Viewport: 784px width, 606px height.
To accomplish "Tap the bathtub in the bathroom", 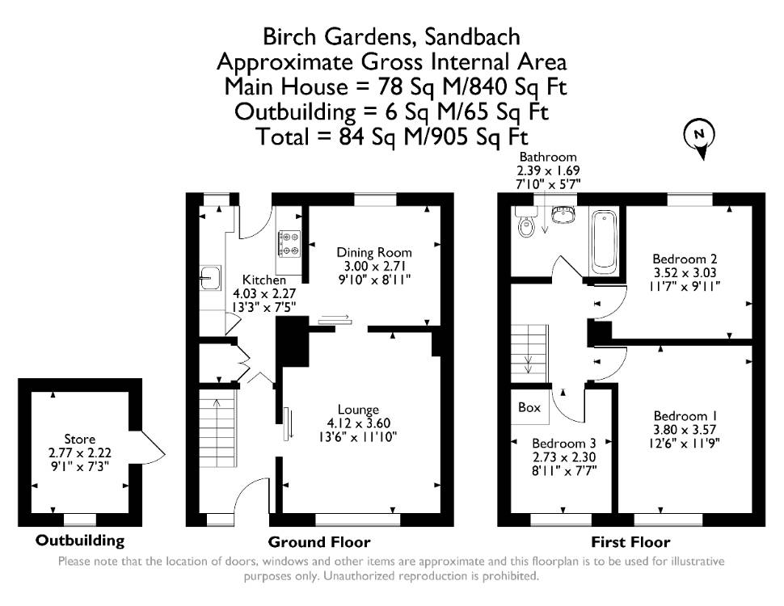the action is click(x=604, y=242).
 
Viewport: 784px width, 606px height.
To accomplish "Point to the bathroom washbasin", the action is click(x=563, y=214).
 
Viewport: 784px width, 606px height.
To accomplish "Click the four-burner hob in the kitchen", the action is click(x=290, y=243).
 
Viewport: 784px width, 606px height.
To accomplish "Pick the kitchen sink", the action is click(x=210, y=277).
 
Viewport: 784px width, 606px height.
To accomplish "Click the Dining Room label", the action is click(x=374, y=252).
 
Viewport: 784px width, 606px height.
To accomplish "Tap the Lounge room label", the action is click(x=358, y=410).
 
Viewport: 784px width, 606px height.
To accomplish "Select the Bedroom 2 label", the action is click(x=685, y=259).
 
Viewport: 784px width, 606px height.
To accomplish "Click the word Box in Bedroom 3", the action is click(x=529, y=407).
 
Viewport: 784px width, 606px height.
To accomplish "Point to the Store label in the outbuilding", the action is click(x=79, y=439).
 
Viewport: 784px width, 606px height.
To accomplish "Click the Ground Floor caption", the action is click(x=319, y=542).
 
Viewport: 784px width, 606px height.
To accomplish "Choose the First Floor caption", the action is click(x=630, y=542).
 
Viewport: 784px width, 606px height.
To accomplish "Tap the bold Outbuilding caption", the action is click(x=79, y=541).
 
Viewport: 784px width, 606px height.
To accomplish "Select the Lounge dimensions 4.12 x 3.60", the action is click(x=358, y=423).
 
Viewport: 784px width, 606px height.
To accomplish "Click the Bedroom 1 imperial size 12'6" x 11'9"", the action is click(x=685, y=443).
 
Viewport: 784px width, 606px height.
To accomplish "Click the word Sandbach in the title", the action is click(x=472, y=37).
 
